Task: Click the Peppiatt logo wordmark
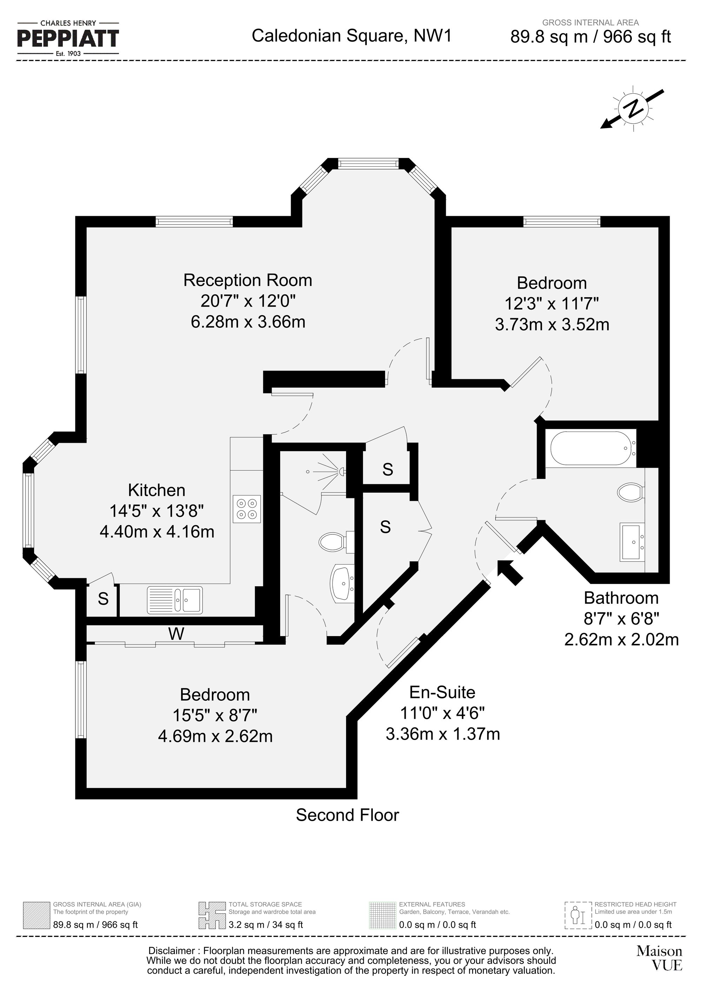click(68, 39)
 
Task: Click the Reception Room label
click(247, 280)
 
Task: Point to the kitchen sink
click(175, 600)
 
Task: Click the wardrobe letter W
click(176, 634)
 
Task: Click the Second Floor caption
click(347, 815)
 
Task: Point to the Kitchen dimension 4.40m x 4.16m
click(157, 532)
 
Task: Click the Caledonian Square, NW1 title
click(352, 35)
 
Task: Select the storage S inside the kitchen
click(103, 599)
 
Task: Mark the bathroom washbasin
click(633, 542)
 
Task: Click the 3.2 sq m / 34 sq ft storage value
click(266, 925)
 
